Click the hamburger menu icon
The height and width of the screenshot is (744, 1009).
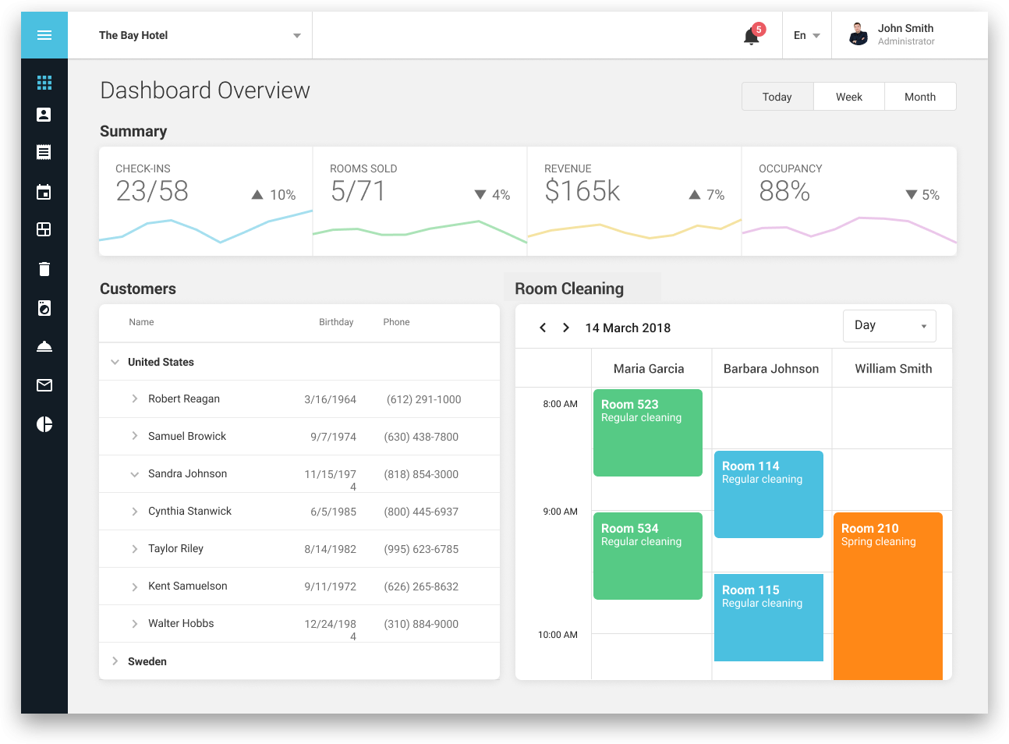(x=44, y=35)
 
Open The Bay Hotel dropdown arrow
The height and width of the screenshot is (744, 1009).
(x=296, y=36)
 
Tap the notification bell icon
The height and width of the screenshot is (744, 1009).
(x=751, y=36)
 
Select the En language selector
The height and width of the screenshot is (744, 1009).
(x=806, y=35)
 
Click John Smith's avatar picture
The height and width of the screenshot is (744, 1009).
(x=858, y=34)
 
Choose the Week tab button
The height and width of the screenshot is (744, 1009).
(x=848, y=97)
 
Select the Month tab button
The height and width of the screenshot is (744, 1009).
(x=919, y=97)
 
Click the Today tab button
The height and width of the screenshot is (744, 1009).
(x=777, y=97)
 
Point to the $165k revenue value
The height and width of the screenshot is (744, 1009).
(x=582, y=191)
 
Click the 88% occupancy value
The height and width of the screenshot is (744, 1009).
(x=784, y=191)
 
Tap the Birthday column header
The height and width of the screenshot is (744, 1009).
(x=336, y=322)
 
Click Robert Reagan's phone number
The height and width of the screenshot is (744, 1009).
(x=423, y=399)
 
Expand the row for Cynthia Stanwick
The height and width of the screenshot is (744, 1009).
(x=135, y=512)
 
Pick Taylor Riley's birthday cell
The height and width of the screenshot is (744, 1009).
(x=330, y=549)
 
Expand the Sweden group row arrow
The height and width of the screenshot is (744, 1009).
(x=115, y=661)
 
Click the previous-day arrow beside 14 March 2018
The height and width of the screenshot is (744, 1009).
(x=543, y=328)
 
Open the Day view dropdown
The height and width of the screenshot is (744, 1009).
(x=889, y=326)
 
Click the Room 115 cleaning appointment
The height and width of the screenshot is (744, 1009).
(x=768, y=617)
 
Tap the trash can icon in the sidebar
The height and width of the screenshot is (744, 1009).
(x=44, y=269)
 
